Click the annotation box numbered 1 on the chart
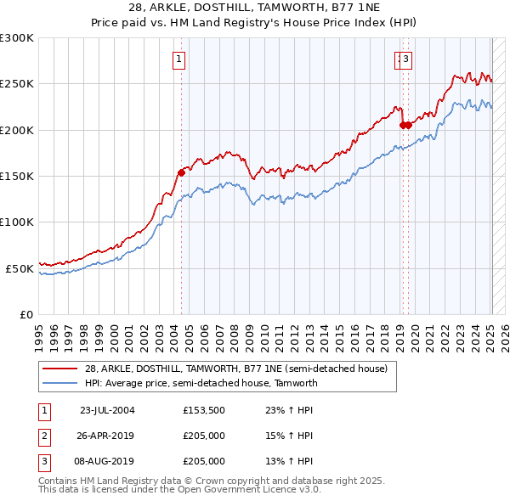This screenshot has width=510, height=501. click(x=180, y=59)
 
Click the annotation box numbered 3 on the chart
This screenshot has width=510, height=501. click(x=406, y=59)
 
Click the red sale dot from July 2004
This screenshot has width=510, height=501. click(x=181, y=173)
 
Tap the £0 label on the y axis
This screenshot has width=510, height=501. click(x=27, y=314)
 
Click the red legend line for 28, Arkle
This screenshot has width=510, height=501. click(x=59, y=369)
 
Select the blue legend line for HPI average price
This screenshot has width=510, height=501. click(x=59, y=383)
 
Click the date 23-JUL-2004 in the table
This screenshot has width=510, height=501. click(x=107, y=410)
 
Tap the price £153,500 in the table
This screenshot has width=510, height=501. click(x=204, y=410)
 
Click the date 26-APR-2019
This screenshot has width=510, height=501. click(x=107, y=436)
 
